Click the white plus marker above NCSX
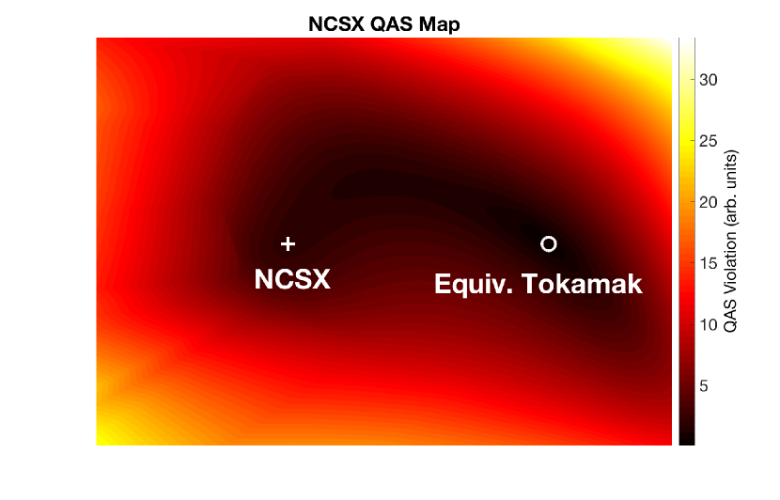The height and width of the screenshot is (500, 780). (288, 243)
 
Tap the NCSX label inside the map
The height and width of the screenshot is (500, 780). (292, 279)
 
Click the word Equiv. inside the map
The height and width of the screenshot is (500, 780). (473, 285)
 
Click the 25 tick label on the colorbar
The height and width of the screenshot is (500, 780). (709, 141)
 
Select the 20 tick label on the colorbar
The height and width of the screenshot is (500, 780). (709, 202)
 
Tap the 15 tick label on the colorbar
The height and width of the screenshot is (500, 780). (709, 263)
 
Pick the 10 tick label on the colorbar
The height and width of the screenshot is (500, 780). (709, 325)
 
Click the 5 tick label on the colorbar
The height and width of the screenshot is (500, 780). (703, 385)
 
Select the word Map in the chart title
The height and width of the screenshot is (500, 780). (439, 24)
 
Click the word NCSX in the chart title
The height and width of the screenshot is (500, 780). (336, 23)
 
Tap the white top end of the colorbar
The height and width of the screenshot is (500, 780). (687, 39)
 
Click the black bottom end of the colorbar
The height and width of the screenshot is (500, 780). (687, 442)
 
